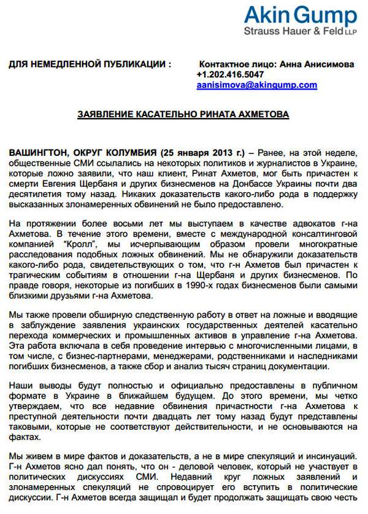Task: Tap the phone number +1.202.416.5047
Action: [229, 74]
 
